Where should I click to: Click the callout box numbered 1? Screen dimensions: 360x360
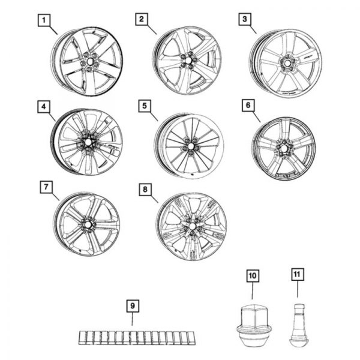click(43, 20)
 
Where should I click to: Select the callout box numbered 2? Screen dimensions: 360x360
click(141, 20)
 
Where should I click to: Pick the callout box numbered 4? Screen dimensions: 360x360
click(43, 107)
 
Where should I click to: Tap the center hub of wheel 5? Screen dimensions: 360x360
click(191, 146)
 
